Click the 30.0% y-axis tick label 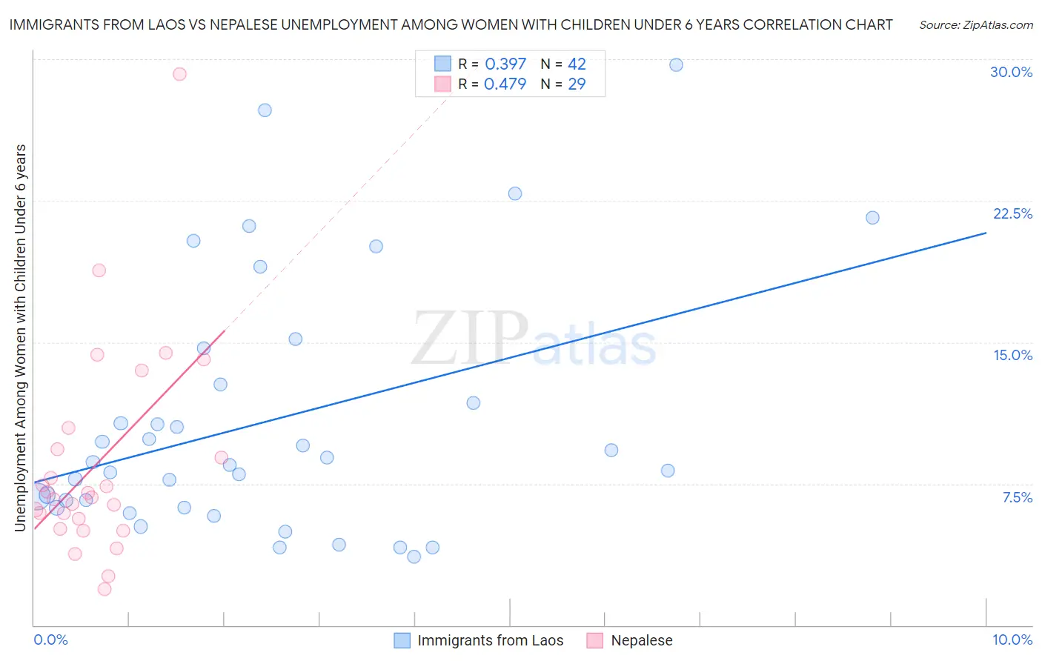(1011, 72)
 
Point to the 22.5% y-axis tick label (1012, 213)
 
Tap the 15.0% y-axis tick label (1012, 355)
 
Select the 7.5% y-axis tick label (1017, 497)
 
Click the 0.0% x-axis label (50, 640)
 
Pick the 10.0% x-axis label (1012, 640)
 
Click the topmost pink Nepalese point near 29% (179, 74)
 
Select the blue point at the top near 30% (676, 65)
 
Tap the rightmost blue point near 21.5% (872, 218)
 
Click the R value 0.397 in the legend (505, 64)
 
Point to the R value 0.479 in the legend (505, 84)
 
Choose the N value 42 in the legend (577, 64)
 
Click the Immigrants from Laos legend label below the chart (490, 640)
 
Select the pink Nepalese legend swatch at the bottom (594, 640)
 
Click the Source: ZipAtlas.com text (975, 25)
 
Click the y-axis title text (21, 337)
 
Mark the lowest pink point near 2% (104, 589)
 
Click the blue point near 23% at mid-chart (515, 193)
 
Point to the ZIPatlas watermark (534, 339)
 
